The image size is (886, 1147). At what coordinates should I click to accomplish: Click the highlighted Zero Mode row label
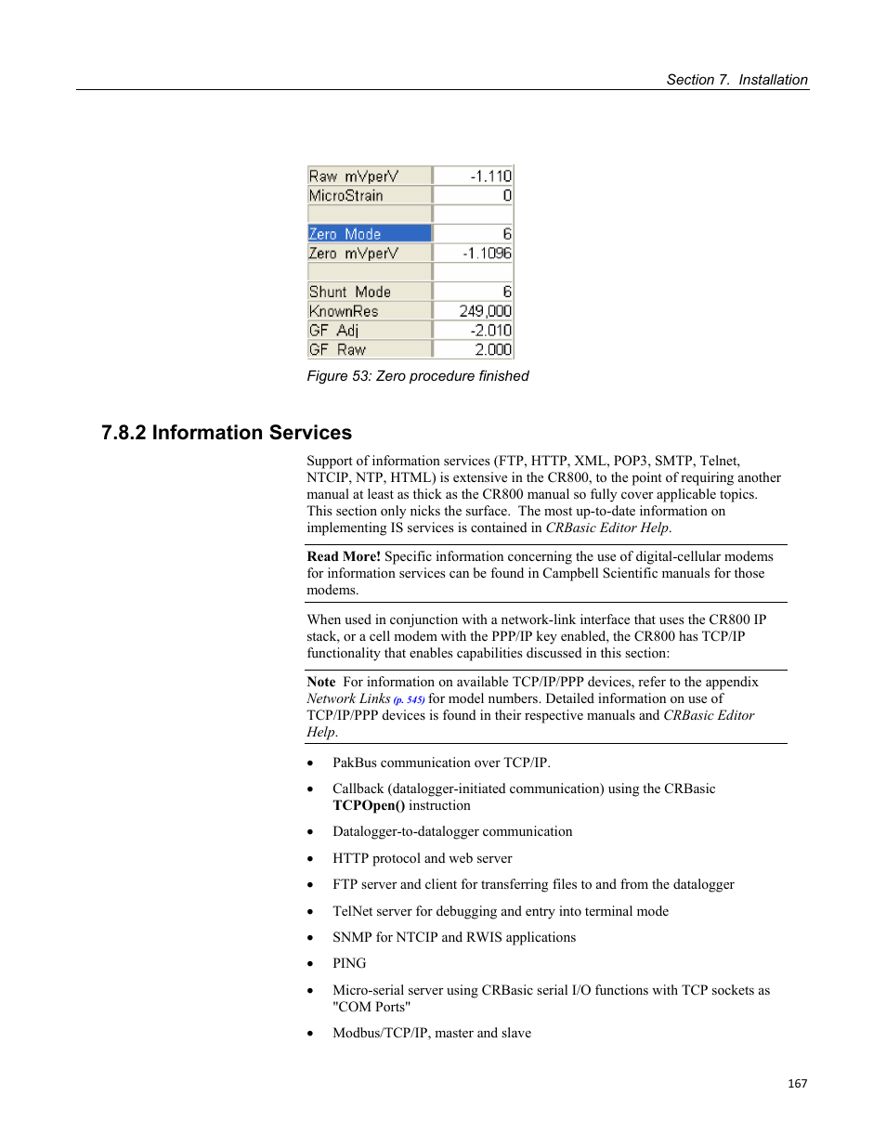(345, 234)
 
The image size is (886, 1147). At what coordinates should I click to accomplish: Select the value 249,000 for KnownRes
(485, 311)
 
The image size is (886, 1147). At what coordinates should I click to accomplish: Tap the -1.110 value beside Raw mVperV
(490, 176)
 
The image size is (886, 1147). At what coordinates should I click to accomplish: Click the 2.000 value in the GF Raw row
(493, 350)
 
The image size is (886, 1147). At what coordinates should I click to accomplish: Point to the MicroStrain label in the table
(346, 196)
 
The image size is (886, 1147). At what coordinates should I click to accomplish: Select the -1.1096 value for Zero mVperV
(487, 254)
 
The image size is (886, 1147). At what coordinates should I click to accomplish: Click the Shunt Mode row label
(350, 292)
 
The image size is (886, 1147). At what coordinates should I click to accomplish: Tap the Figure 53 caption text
(418, 376)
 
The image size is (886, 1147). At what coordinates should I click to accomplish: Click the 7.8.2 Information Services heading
(227, 433)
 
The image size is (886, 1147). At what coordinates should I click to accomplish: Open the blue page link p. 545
(409, 700)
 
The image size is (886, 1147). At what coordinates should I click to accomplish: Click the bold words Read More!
(344, 556)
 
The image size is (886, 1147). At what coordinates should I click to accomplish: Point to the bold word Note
(321, 682)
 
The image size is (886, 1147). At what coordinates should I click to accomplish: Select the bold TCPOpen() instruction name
(369, 806)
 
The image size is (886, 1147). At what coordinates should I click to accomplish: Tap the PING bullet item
(349, 964)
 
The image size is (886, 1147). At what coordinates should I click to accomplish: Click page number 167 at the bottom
(797, 1084)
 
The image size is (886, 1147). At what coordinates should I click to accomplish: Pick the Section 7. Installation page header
(736, 80)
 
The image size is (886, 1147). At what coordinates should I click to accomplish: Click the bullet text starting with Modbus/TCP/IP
(432, 1033)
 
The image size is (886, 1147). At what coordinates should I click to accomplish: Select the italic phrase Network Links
(348, 698)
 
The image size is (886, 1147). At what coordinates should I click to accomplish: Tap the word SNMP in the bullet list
(352, 937)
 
